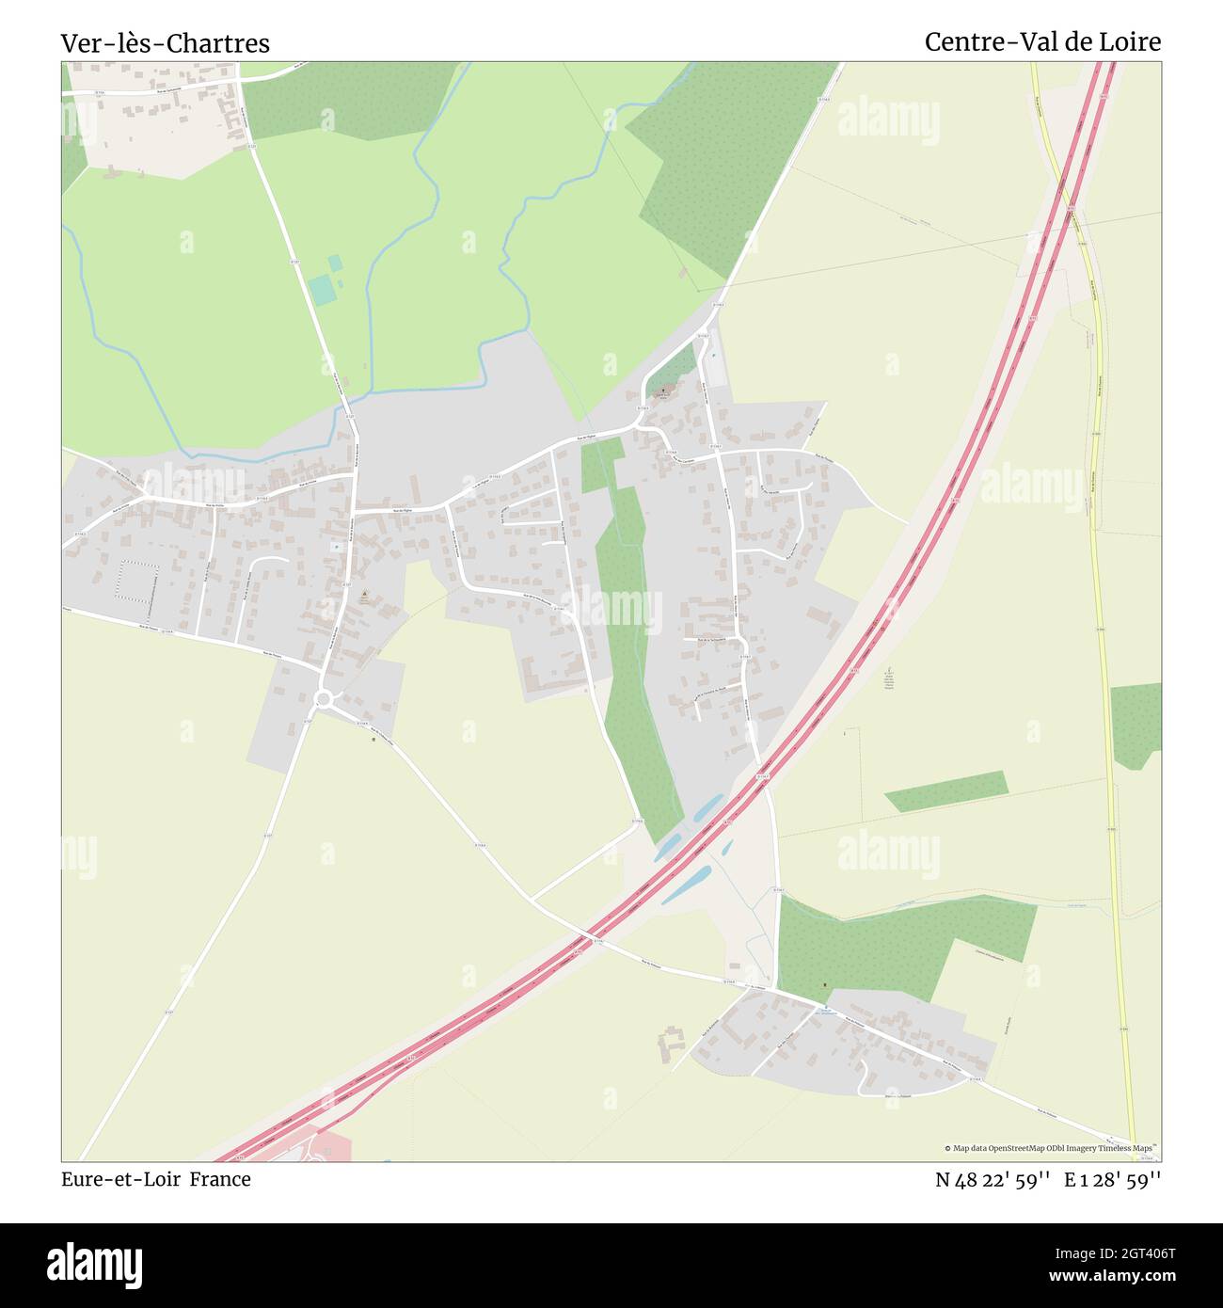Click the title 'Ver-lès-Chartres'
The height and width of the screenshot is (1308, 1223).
(x=166, y=43)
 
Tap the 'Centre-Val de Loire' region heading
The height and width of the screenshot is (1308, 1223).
(x=1042, y=41)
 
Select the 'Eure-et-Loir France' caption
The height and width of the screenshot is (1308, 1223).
(x=156, y=1179)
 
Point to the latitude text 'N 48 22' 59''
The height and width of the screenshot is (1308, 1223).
(x=993, y=1179)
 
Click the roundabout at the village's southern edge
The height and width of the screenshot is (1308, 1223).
(x=326, y=699)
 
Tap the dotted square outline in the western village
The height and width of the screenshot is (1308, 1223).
(x=137, y=583)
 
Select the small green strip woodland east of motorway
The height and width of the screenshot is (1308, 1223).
(x=945, y=790)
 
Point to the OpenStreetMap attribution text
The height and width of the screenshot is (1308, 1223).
(x=1052, y=1148)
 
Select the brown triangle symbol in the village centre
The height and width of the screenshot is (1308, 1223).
(x=364, y=594)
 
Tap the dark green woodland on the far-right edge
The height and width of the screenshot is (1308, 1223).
(x=1136, y=726)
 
